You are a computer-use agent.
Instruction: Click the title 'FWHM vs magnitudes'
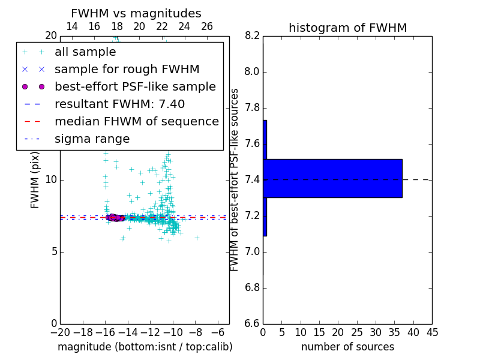(x=136, y=13)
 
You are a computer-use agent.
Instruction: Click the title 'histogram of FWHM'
(x=347, y=28)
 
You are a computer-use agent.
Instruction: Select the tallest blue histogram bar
(x=332, y=178)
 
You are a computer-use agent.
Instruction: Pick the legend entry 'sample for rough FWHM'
(x=127, y=69)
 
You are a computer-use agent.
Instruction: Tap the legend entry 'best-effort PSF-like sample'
(x=135, y=86)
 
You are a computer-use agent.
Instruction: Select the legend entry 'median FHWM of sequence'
(x=136, y=121)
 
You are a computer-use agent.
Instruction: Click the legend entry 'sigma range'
(x=92, y=139)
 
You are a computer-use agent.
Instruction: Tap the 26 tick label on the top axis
(x=207, y=26)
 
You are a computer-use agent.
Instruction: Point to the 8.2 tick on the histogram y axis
(x=253, y=36)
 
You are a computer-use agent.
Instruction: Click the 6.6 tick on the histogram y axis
(x=253, y=323)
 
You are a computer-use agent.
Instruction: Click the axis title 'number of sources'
(x=347, y=347)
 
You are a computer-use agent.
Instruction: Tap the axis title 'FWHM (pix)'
(x=35, y=180)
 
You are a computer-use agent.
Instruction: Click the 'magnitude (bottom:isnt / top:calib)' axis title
(x=145, y=347)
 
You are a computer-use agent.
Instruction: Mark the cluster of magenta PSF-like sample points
(x=115, y=217)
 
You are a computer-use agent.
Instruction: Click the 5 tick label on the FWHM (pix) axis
(x=53, y=251)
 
